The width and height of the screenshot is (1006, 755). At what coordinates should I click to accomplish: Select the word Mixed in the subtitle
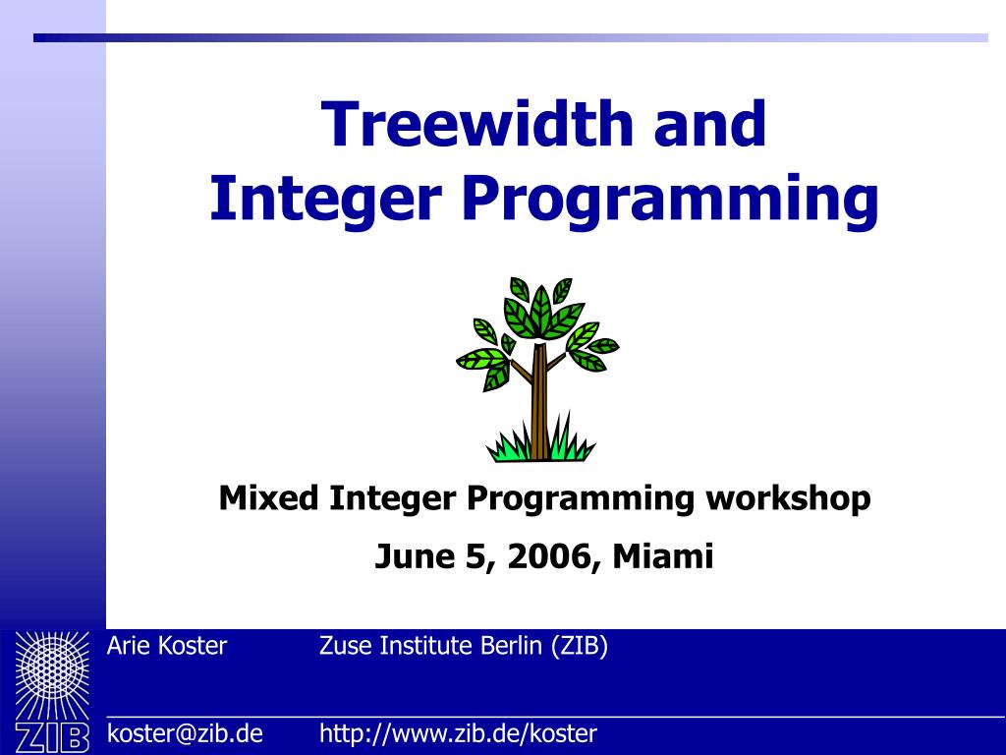point(268,498)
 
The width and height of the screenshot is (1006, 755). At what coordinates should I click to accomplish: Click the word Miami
point(663,556)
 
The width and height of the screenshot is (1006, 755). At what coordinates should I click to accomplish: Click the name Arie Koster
point(166,646)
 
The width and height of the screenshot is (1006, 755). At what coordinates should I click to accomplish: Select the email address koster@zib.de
point(185,733)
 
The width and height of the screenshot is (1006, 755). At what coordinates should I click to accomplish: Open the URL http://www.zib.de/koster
point(458,733)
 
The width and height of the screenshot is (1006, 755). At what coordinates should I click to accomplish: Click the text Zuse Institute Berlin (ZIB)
point(464,646)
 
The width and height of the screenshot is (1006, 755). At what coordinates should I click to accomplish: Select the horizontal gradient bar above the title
point(511,38)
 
